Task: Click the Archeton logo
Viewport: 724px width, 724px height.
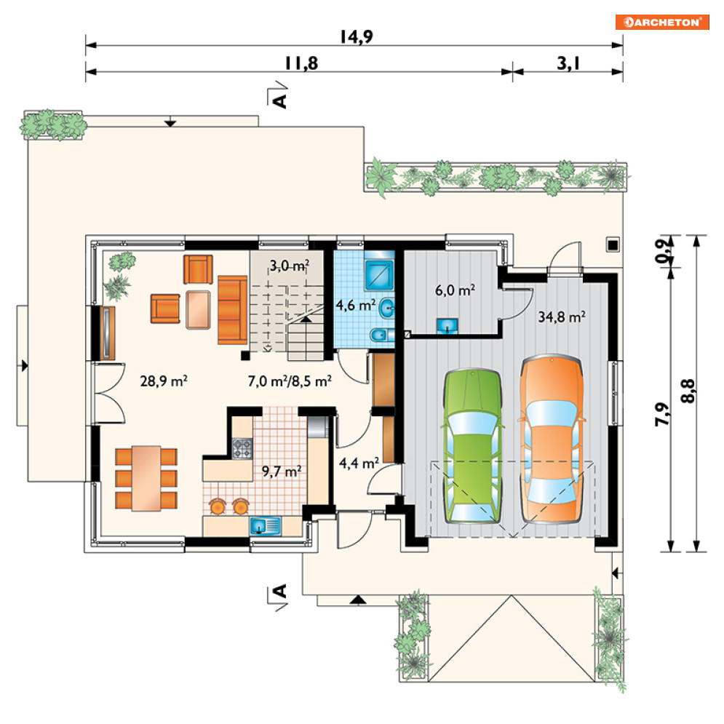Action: (661, 22)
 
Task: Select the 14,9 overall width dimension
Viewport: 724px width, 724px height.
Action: (356, 37)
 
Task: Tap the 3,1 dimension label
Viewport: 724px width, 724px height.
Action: (568, 63)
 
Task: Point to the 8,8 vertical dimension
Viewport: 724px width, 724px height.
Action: (688, 391)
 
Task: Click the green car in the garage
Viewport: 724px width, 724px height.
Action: (472, 445)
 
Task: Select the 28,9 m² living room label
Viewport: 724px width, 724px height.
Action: (164, 381)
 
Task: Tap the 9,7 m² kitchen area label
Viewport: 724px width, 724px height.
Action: (282, 471)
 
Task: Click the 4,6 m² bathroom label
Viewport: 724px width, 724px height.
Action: (355, 305)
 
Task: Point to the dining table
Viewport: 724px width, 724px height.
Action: (146, 478)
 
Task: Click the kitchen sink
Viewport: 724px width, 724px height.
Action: (265, 526)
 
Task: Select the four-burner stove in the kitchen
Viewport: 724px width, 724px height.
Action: (242, 448)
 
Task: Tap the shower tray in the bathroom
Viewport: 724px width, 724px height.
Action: (379, 275)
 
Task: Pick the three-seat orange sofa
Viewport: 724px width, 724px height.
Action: (232, 310)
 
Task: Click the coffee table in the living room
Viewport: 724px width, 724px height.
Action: (198, 310)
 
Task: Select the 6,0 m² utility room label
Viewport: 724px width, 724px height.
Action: (455, 290)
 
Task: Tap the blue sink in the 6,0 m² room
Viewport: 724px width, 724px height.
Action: (447, 325)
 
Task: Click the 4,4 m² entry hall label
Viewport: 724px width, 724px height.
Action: (359, 463)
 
